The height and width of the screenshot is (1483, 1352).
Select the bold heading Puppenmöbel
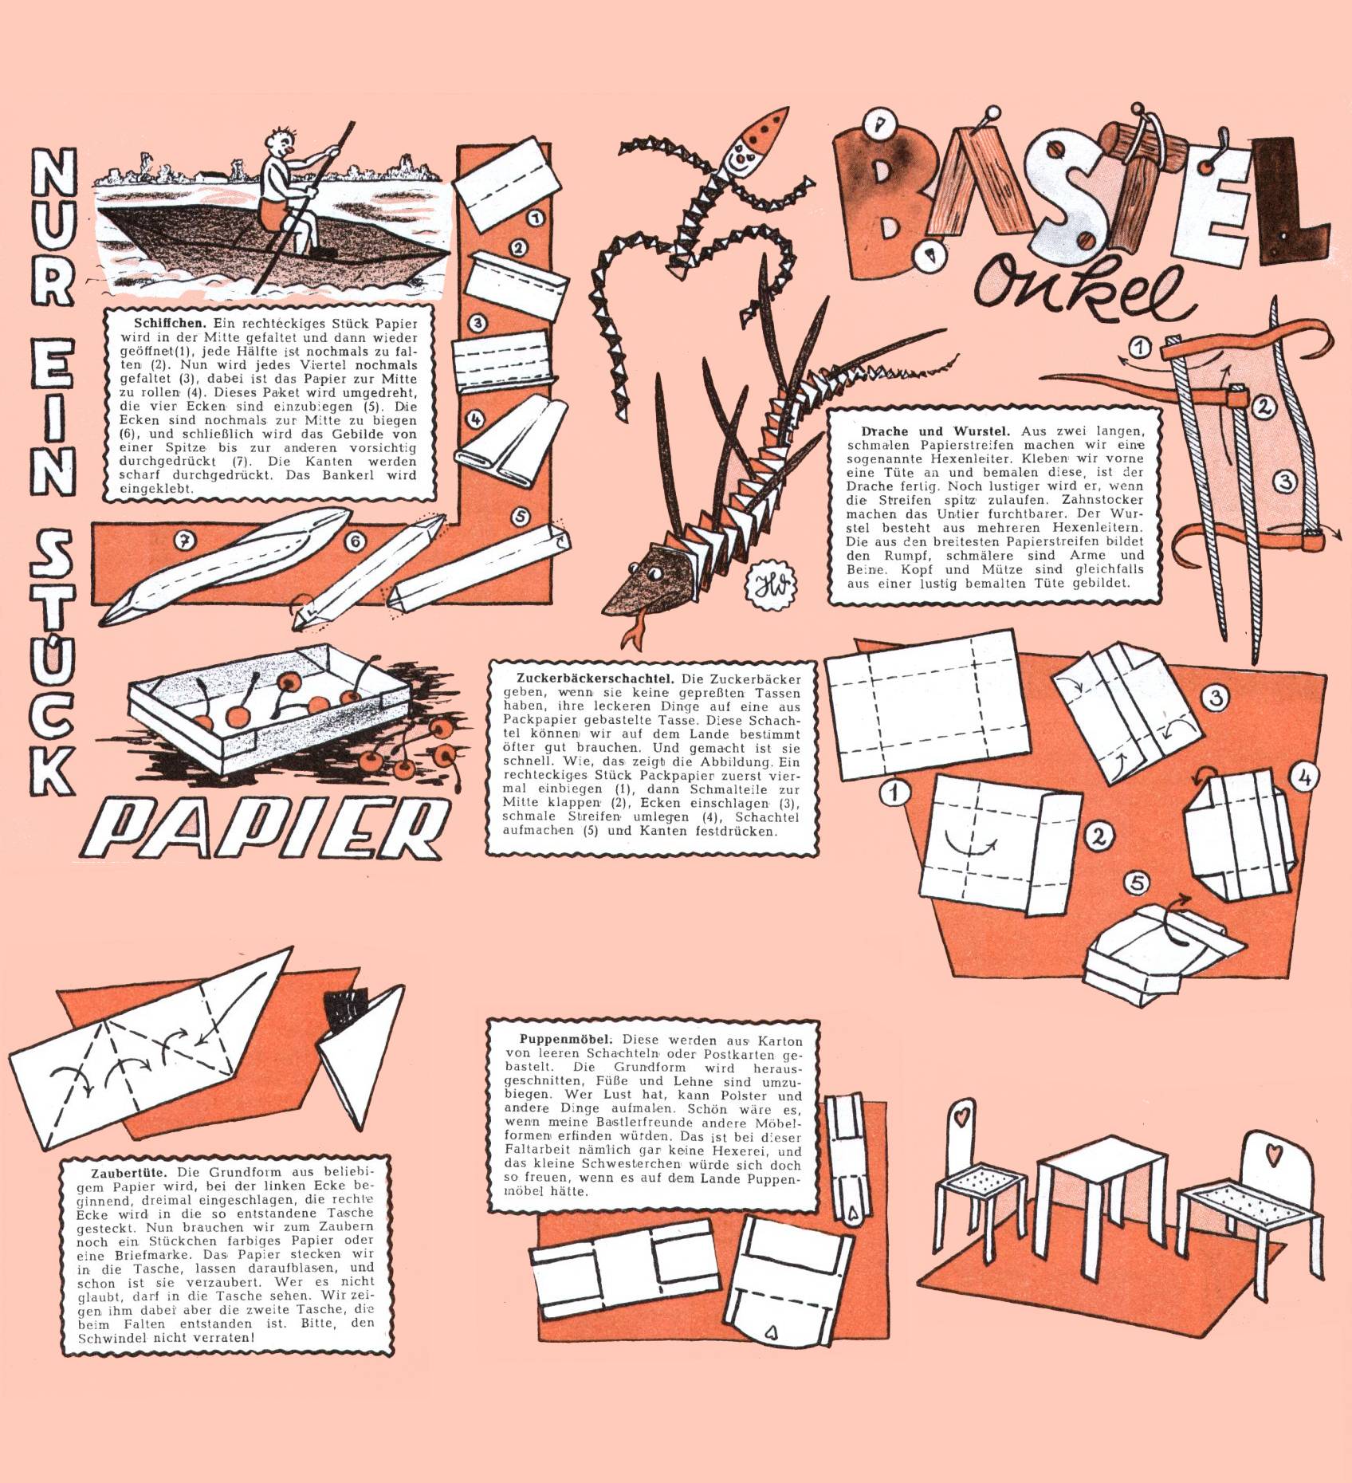[565, 1040]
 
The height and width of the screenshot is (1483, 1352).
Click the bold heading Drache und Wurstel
[935, 431]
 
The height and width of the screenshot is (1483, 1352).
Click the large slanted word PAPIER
[271, 828]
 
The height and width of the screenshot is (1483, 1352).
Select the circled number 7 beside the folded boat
[185, 541]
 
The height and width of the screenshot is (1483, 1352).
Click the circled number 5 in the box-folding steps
[1138, 883]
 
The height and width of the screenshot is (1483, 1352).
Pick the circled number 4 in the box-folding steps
[1304, 777]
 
